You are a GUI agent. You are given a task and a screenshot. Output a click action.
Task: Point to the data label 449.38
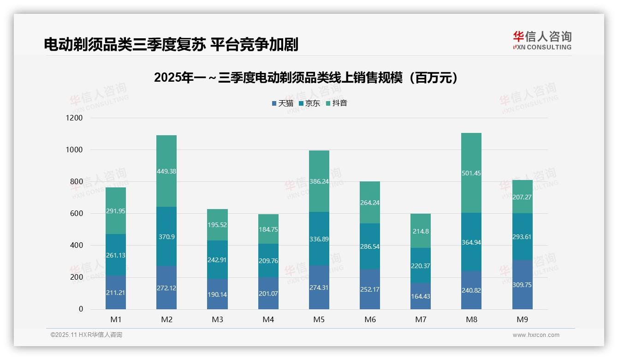point(166,171)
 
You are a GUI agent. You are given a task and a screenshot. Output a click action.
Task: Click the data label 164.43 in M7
point(421,296)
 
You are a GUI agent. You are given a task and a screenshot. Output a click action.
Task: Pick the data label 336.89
point(319,239)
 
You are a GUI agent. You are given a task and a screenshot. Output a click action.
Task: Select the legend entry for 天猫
point(282,103)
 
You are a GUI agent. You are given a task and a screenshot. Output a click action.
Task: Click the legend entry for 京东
point(309,103)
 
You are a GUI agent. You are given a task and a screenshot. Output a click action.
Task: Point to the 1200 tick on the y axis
point(74,118)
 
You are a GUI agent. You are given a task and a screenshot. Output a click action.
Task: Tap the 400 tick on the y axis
point(76,246)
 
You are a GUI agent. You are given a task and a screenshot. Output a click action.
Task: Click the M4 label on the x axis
point(268,319)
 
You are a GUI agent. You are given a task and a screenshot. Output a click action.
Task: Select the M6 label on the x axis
point(370,319)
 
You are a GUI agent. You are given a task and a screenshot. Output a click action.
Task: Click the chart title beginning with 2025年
point(308,78)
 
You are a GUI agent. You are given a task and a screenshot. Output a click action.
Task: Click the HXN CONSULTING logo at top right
point(542,41)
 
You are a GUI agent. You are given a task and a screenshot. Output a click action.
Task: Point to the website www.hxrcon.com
point(536,335)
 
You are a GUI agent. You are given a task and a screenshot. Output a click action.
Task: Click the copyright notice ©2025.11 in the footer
point(86,335)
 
